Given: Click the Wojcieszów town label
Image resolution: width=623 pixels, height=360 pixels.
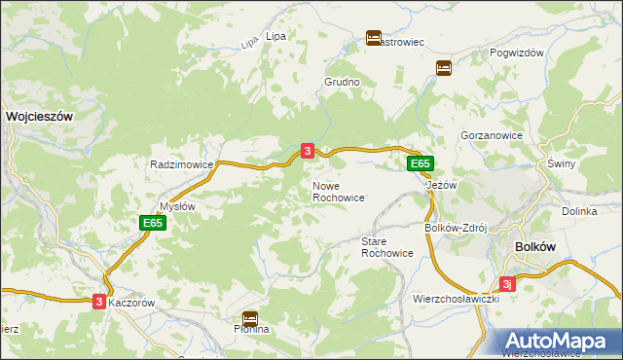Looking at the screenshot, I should (x=40, y=115).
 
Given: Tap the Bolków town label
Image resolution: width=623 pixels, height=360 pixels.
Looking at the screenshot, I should (x=534, y=247).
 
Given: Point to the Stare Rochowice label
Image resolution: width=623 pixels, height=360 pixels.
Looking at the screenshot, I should (x=386, y=247).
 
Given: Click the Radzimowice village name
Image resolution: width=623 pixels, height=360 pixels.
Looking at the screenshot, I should (x=181, y=165).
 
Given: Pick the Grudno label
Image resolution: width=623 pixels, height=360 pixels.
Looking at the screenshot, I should (x=342, y=83).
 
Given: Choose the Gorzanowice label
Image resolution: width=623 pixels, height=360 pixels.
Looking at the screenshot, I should (x=492, y=136).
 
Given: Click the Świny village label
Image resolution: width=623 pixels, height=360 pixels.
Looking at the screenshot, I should (x=562, y=164).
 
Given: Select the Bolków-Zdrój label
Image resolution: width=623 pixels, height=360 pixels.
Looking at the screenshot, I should (x=456, y=228).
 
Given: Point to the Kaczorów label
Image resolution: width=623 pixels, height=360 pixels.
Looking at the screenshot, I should (x=131, y=304).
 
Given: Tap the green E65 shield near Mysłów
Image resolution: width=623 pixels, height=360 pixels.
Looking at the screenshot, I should (x=152, y=224).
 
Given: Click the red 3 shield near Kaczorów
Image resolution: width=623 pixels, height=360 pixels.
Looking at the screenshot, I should (x=99, y=303).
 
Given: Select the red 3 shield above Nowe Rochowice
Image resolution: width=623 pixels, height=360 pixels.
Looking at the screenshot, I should (x=308, y=151).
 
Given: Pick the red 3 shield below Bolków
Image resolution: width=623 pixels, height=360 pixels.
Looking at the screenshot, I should (x=507, y=284).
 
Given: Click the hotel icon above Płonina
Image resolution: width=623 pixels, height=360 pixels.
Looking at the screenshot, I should (x=250, y=317).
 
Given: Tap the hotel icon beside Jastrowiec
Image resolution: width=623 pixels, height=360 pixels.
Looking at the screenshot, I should (x=374, y=38).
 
